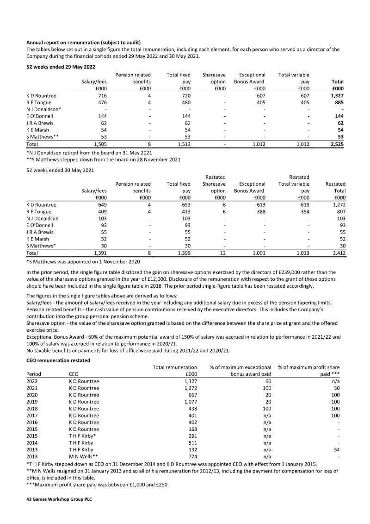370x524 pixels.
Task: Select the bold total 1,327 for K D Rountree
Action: pyautogui.click(x=336, y=95)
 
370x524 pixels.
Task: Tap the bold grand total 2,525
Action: pyautogui.click(x=336, y=145)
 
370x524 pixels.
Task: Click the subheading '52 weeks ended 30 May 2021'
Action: pyautogui.click(x=60, y=170)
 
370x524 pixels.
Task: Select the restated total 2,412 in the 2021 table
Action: pyautogui.click(x=337, y=253)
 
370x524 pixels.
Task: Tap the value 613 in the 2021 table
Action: pyautogui.click(x=260, y=204)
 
